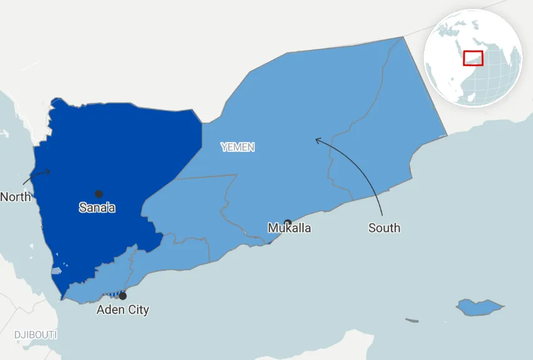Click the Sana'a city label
(x=97, y=208)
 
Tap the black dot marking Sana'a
(x=98, y=194)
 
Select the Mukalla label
(x=289, y=228)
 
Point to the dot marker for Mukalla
(x=287, y=222)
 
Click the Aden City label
(x=123, y=310)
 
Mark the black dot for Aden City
(x=123, y=296)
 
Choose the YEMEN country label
(x=238, y=147)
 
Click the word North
(x=15, y=197)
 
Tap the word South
(x=384, y=228)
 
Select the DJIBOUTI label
(x=36, y=335)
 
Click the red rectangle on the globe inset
(x=474, y=58)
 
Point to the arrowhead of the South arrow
(x=317, y=140)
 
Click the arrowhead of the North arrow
(x=49, y=171)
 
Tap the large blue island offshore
(x=479, y=306)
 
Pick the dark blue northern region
(x=118, y=156)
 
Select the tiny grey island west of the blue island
(x=411, y=321)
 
